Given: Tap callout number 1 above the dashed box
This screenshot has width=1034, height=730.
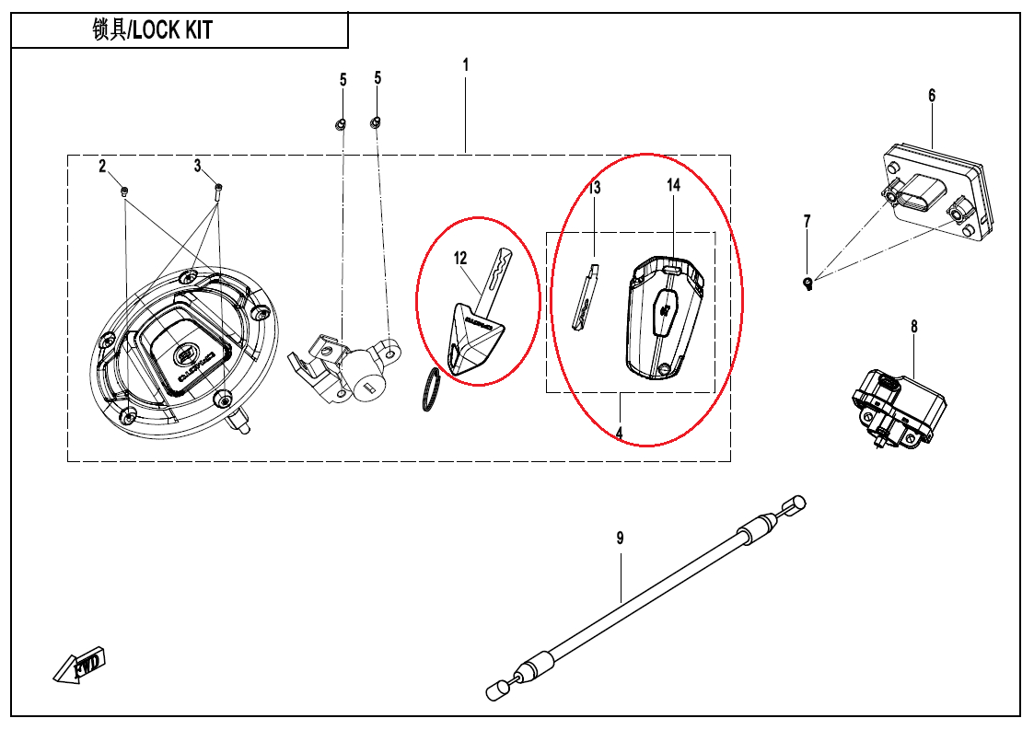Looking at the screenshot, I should pyautogui.click(x=466, y=65).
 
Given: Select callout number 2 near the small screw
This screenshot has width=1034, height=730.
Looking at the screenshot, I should pyautogui.click(x=103, y=166).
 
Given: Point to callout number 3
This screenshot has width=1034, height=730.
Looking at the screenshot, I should pyautogui.click(x=197, y=166).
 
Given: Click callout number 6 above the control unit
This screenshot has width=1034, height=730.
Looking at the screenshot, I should pyautogui.click(x=932, y=96).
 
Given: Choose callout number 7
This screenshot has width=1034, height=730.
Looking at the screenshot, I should pyautogui.click(x=807, y=221).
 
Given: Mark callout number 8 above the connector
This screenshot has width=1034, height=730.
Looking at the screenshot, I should pyautogui.click(x=914, y=327).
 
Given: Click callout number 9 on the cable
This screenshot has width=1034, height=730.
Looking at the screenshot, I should pyautogui.click(x=621, y=538).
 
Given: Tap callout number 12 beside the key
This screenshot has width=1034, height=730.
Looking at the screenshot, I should pyautogui.click(x=461, y=259).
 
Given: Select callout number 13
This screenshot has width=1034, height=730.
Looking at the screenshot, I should pyautogui.click(x=595, y=189).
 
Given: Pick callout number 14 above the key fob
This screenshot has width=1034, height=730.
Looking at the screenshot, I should pyautogui.click(x=674, y=186).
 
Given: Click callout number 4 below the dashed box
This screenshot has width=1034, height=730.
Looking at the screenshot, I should pyautogui.click(x=620, y=433).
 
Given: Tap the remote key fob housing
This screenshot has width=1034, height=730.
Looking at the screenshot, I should pyautogui.click(x=665, y=318).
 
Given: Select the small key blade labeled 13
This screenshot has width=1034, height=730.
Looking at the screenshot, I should pyautogui.click(x=586, y=297).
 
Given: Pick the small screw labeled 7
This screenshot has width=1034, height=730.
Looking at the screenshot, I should pyautogui.click(x=808, y=283).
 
